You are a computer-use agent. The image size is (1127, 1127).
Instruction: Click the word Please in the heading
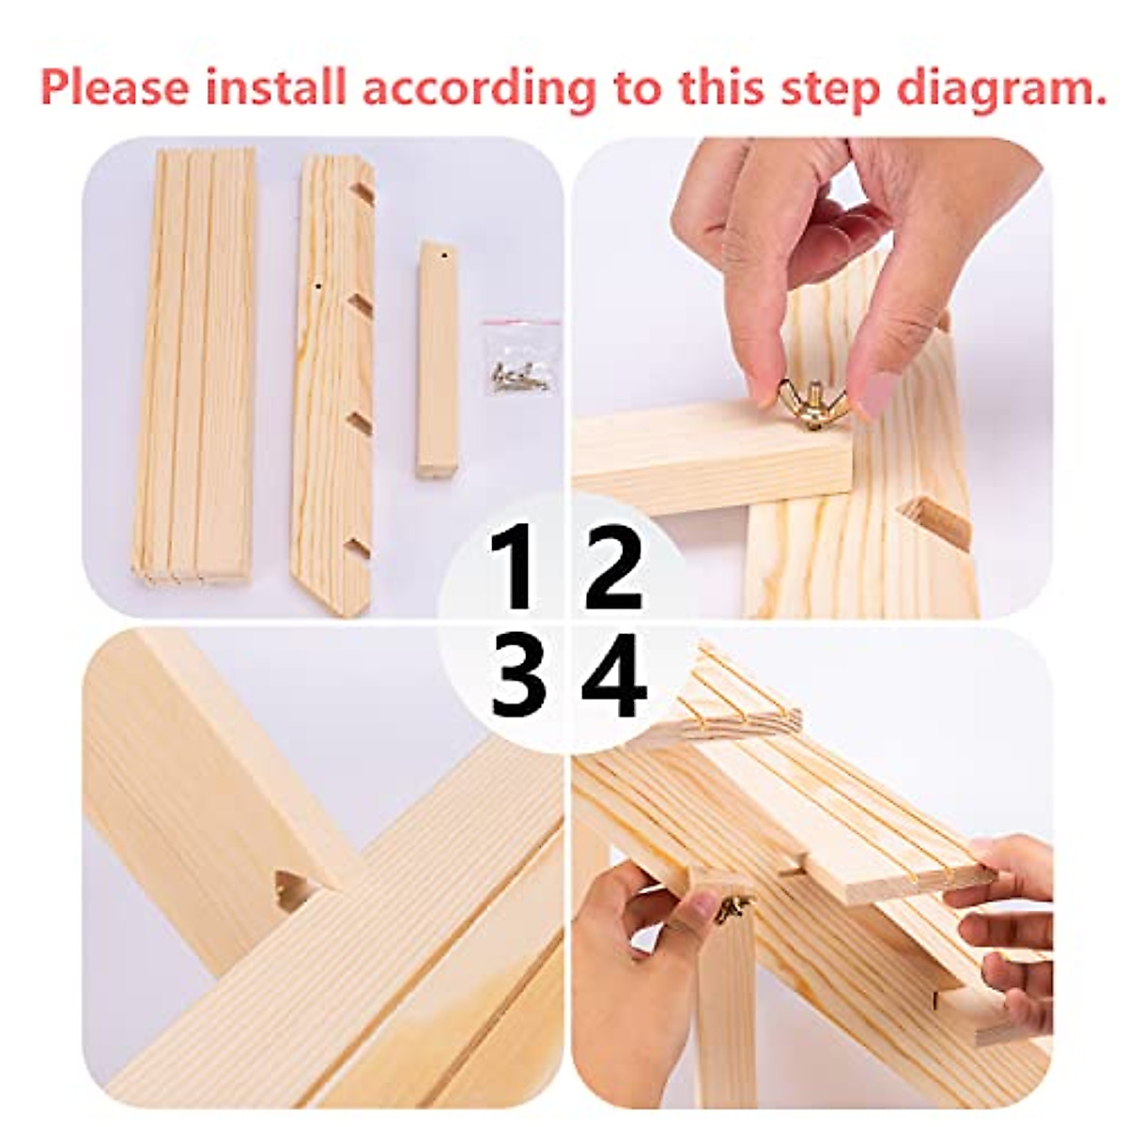(115, 87)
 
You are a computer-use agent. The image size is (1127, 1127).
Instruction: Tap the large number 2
(612, 569)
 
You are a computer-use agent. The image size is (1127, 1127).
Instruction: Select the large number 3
(517, 676)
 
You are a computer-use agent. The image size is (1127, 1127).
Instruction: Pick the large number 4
(614, 676)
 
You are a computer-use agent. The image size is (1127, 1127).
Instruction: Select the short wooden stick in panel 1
(437, 362)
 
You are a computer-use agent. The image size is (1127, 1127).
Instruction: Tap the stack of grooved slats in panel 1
(195, 366)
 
